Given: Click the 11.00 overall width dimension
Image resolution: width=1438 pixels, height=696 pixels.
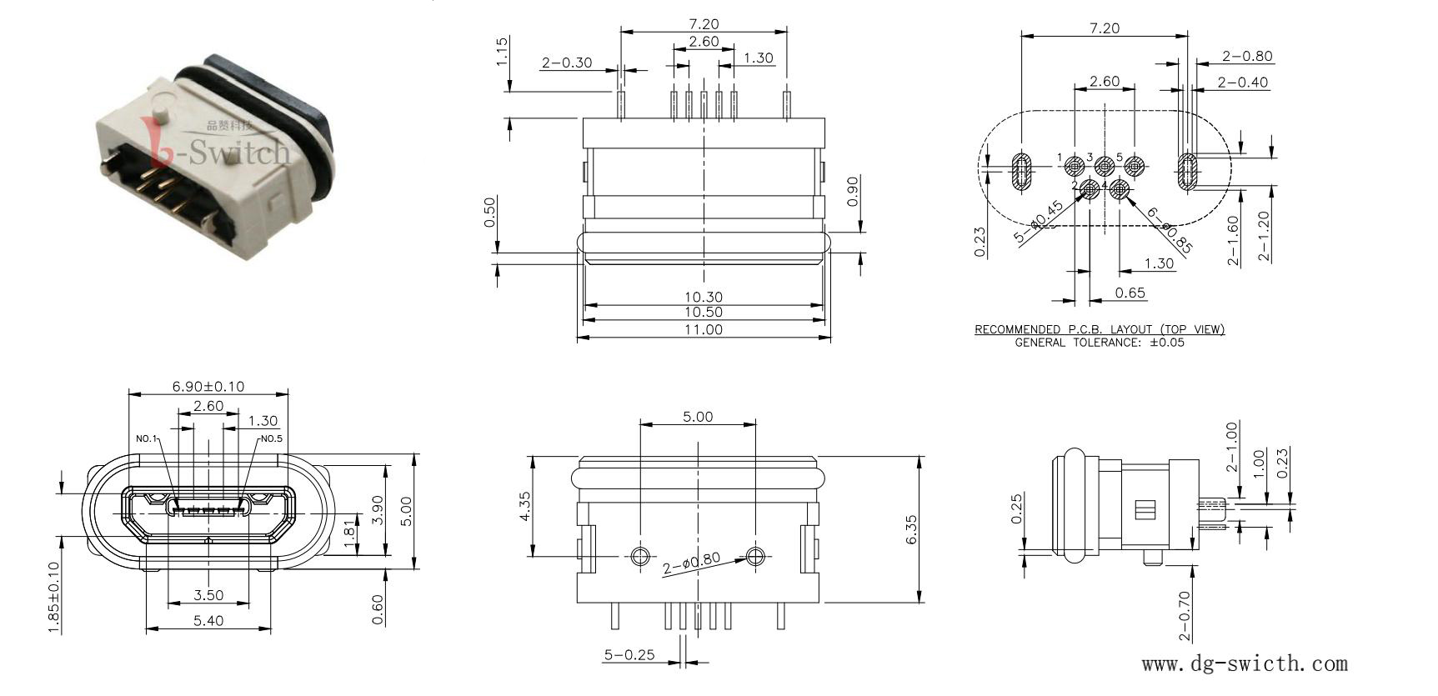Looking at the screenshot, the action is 704,329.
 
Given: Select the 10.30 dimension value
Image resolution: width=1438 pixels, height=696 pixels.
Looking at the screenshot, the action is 704,296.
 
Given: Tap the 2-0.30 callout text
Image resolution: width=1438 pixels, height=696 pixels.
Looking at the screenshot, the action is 567,63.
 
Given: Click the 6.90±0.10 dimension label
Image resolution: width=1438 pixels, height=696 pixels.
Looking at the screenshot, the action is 208,386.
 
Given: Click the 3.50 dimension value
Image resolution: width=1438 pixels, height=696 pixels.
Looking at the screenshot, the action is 208,595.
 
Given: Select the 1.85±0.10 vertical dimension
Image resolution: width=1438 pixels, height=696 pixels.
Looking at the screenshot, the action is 54,598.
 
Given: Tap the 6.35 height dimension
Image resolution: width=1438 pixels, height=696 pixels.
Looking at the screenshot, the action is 910,530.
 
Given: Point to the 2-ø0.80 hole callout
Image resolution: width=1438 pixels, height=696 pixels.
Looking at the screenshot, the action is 691,564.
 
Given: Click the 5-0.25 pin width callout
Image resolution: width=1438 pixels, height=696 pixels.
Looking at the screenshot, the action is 629,654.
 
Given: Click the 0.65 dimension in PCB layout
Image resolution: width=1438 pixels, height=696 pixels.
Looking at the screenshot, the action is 1130,293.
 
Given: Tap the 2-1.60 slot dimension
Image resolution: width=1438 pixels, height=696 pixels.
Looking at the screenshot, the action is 1234,240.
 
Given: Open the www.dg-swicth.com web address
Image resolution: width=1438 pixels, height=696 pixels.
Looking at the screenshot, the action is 1244,663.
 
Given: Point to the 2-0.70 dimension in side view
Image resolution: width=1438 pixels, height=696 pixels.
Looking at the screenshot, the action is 1185,615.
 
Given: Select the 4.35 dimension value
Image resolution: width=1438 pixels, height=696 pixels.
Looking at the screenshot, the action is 524,506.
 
